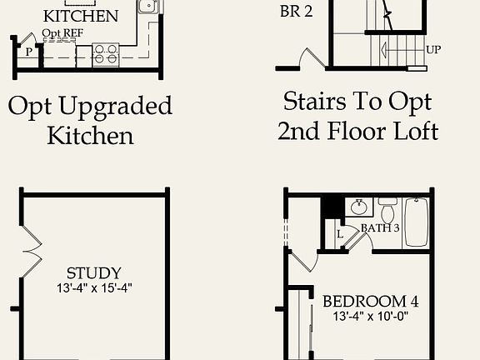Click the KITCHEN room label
(x=80, y=16)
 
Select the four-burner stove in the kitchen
(x=106, y=54)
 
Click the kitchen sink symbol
(x=147, y=7)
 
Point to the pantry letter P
(x=28, y=52)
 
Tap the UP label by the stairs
(x=432, y=49)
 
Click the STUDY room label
(x=93, y=273)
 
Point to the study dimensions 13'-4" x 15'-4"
(x=93, y=287)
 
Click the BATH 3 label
(x=379, y=227)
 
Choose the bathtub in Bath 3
(x=416, y=222)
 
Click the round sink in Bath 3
(x=360, y=207)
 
